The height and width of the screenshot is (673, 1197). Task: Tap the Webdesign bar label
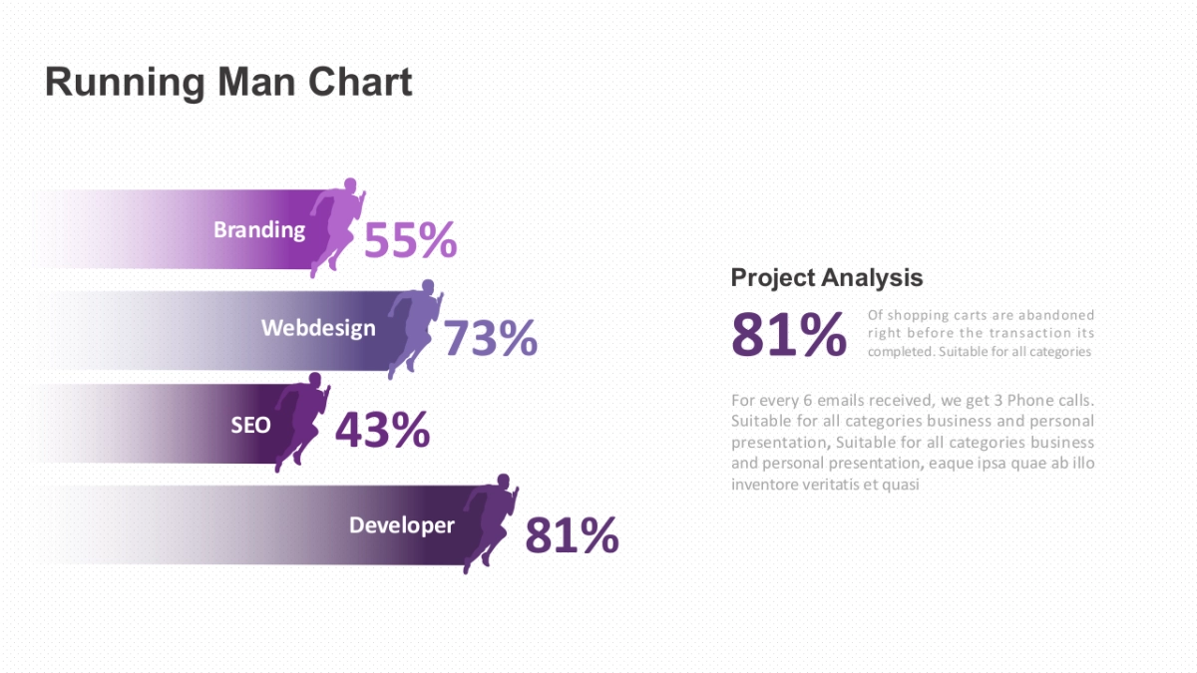pos(318,328)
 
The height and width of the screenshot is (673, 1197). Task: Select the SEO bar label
pos(250,425)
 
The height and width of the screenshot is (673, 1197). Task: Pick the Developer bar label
pos(401,525)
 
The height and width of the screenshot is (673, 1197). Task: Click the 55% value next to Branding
pos(410,240)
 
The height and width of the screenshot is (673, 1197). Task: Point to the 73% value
pos(490,339)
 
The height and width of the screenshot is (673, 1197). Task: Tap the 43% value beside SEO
pos(382,430)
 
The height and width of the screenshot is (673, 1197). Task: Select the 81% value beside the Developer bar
pos(572,535)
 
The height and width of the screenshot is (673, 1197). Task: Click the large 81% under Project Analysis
pos(788,335)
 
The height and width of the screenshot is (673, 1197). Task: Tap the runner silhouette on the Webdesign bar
pos(414,326)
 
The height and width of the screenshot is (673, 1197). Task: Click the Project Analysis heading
pos(827,278)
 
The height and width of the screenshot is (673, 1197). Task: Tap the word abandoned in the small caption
pos(1056,315)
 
